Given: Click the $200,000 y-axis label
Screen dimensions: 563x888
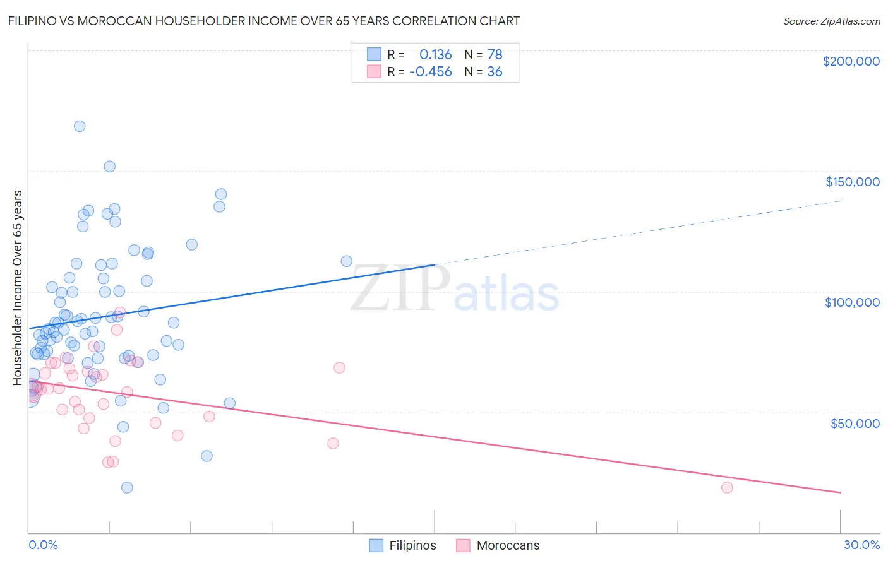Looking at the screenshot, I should click(x=851, y=61).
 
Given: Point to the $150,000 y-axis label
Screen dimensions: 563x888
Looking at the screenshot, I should click(x=852, y=182).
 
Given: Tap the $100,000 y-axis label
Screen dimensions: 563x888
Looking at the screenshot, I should click(x=852, y=302).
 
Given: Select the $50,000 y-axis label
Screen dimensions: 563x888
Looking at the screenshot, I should click(x=855, y=423).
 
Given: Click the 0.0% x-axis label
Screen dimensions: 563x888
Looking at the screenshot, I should click(x=43, y=545).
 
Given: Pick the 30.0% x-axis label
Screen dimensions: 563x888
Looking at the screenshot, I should click(x=861, y=545).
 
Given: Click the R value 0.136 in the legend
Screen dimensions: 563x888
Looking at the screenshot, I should click(x=435, y=54).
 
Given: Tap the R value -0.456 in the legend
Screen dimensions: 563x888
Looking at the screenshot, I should click(x=431, y=72).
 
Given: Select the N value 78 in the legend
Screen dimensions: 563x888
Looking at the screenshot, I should click(x=495, y=54).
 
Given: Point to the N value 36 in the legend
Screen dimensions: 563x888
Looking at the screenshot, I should click(x=495, y=72).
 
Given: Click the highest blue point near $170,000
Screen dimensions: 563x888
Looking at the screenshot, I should click(x=80, y=126).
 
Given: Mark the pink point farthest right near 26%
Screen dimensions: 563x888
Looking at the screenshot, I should click(x=727, y=487).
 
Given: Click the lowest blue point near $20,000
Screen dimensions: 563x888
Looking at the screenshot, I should click(x=127, y=487).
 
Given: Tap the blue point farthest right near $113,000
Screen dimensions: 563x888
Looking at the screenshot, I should click(x=346, y=261).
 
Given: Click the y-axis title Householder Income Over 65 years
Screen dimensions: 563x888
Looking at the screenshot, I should click(x=17, y=287).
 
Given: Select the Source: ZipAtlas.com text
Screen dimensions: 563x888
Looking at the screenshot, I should click(x=831, y=21).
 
